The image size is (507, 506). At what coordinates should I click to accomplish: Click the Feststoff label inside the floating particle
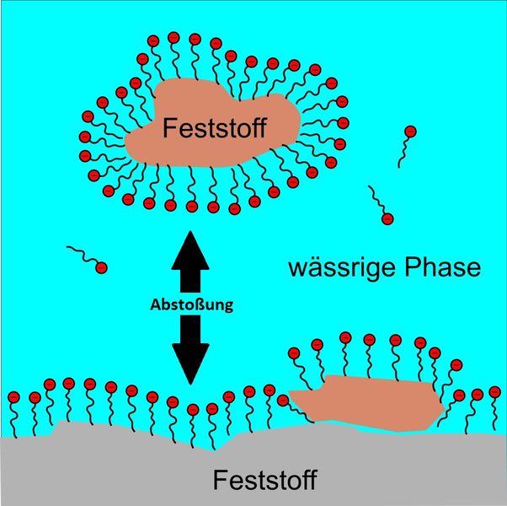[216, 129]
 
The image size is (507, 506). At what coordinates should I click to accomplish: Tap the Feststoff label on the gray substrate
[264, 482]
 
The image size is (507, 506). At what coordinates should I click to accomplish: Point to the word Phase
[440, 269]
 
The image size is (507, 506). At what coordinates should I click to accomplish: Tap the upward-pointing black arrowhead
[193, 246]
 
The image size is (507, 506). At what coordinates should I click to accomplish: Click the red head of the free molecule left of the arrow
[101, 268]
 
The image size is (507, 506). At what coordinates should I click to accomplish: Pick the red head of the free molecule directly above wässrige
[387, 219]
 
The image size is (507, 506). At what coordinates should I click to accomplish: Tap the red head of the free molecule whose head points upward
[410, 132]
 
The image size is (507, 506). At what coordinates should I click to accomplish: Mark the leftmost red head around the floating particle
[84, 136]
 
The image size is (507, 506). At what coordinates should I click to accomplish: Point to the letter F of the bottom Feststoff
[221, 482]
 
